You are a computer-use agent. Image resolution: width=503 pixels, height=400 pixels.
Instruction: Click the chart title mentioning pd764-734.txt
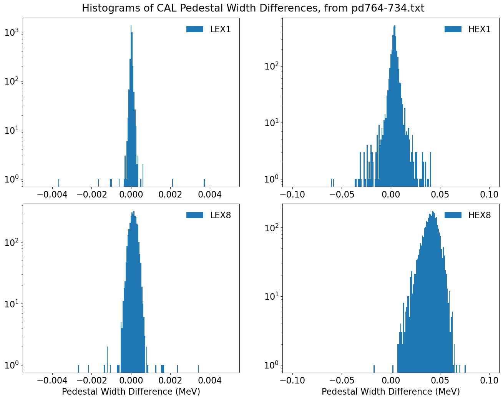[253, 8]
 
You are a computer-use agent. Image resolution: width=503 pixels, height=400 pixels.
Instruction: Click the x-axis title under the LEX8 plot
[131, 392]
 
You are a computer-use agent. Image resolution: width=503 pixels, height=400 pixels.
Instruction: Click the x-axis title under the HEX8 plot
[391, 392]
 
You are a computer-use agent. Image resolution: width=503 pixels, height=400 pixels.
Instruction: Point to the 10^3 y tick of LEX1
[12, 33]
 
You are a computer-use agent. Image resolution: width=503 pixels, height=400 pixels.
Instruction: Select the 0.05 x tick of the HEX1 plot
[440, 194]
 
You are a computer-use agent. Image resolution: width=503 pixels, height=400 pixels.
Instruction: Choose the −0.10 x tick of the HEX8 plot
[293, 380]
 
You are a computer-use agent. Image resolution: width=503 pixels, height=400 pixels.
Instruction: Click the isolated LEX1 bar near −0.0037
[59, 183]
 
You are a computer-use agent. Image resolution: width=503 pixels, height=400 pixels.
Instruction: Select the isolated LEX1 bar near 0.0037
[204, 183]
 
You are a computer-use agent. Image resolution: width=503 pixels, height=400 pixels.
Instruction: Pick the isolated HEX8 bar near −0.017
[374, 368]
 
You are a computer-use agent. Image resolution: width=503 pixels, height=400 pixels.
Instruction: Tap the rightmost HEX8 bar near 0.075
[465, 368]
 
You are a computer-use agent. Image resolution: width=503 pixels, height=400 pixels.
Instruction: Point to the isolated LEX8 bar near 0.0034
[198, 368]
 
